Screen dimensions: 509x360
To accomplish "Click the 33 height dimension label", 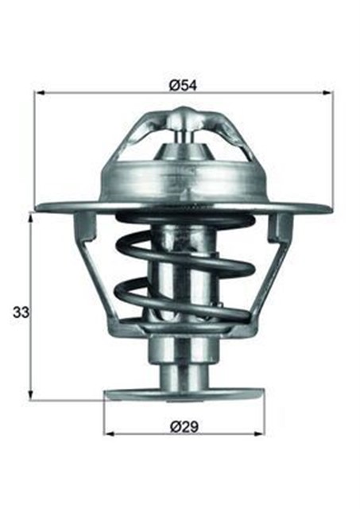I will (19, 313).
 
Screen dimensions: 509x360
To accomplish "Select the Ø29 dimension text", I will (184, 425).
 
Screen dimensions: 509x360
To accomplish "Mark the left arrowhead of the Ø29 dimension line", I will (109, 434).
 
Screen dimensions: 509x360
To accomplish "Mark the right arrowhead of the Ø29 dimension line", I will (259, 434).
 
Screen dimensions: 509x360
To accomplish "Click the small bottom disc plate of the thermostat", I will (184, 394).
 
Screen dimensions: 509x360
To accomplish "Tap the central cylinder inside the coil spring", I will (183, 270).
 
